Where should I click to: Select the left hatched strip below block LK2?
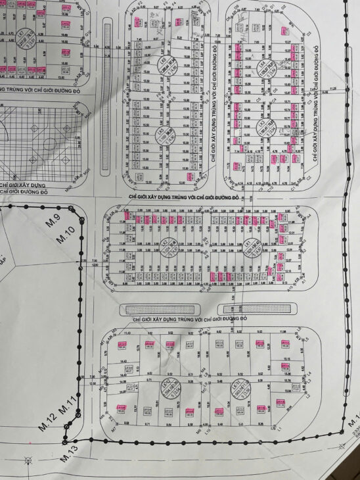[160, 309]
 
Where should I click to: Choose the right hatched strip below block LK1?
[257, 308]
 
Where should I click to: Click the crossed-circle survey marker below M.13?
[28, 458]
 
